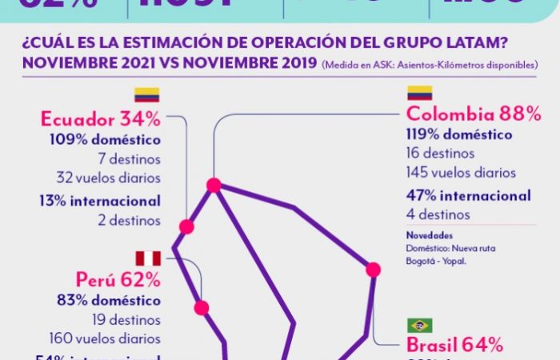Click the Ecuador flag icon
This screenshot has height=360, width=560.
(146, 95)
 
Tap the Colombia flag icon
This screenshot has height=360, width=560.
(420, 93)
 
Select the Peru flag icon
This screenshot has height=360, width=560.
(148, 258)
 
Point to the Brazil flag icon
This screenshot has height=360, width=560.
(420, 325)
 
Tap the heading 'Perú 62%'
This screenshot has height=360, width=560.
(119, 279)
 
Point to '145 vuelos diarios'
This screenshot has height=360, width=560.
(461, 172)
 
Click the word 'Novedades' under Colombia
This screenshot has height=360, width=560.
(429, 236)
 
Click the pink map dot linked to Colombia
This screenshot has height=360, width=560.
(214, 186)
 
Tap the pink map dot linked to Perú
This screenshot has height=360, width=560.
(202, 307)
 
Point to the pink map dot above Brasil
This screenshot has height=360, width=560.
(373, 270)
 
